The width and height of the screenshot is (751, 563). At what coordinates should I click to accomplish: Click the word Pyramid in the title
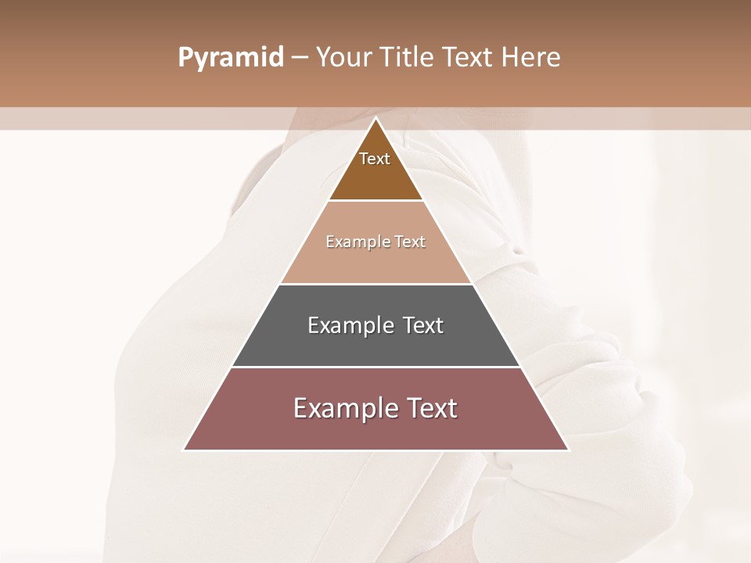tap(230, 58)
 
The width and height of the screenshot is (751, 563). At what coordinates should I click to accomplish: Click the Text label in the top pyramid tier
tap(375, 159)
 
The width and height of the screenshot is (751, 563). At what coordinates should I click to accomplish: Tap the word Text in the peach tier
tap(410, 242)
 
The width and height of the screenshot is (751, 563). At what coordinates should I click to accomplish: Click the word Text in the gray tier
tap(423, 325)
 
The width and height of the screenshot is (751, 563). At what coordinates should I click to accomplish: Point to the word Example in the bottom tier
tap(341, 408)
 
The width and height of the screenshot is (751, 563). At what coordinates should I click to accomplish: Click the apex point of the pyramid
tap(375, 118)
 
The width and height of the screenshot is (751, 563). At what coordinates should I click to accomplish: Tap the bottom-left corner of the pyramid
tap(184, 450)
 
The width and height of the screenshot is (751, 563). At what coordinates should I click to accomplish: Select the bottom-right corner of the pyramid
tap(568, 450)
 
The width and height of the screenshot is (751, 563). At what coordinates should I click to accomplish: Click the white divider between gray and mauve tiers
tap(375, 367)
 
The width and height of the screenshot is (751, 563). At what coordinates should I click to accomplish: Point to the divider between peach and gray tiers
tap(375, 284)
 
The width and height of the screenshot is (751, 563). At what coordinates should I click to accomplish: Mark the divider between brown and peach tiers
tap(375, 201)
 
